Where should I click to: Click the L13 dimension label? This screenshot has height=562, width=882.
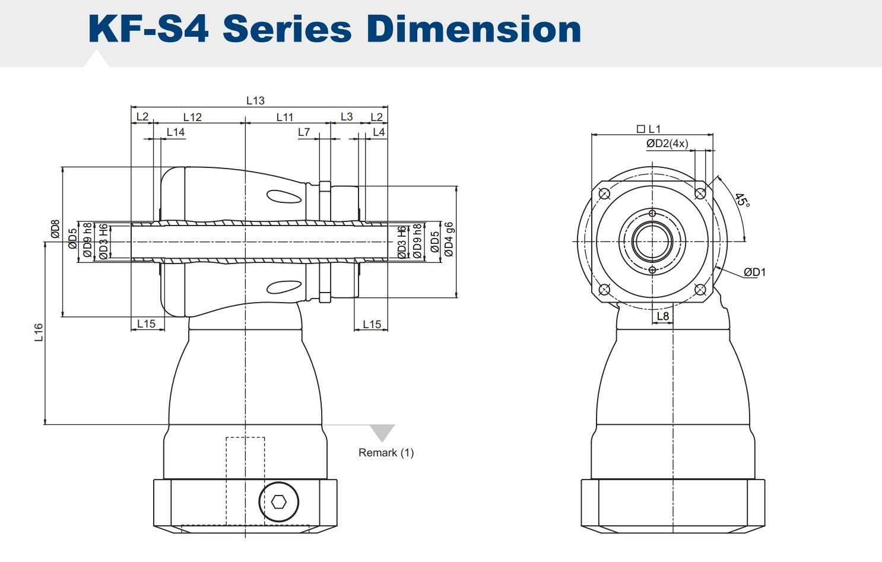coord(255,100)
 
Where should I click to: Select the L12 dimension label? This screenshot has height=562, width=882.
coord(192,117)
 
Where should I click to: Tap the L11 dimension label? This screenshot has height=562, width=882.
coord(285,117)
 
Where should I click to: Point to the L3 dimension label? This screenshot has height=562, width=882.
coord(347,116)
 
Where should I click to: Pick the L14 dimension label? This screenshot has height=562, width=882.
coord(175,132)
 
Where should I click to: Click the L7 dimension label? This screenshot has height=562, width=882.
coord(304,132)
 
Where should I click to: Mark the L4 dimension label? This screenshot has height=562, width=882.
coord(379,132)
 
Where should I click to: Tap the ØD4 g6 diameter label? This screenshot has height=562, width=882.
coord(449,239)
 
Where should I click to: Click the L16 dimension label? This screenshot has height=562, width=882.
coord(39,332)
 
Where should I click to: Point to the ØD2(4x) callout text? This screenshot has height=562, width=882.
coord(667,144)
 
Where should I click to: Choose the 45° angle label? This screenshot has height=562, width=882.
coord(742,200)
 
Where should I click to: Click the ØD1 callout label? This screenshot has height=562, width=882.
coord(755,272)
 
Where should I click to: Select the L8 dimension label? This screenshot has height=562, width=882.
coord(663,316)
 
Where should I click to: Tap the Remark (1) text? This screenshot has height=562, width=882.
coord(386,453)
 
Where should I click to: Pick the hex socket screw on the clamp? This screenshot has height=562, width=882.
coord(278,502)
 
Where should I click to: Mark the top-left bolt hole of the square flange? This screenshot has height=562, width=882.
coord(604,193)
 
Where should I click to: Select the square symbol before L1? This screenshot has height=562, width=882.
coord(640,129)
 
